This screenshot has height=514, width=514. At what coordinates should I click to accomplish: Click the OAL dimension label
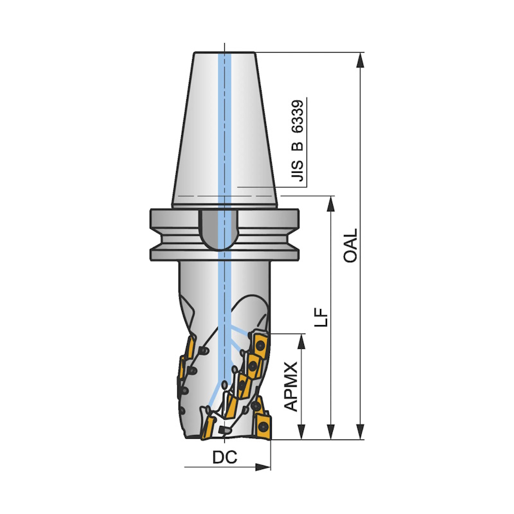click(x=350, y=245)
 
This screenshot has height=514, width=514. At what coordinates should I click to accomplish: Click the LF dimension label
click(x=321, y=317)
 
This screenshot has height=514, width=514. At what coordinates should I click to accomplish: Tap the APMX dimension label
click(x=291, y=387)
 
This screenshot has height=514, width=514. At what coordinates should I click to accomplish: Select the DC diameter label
click(x=224, y=457)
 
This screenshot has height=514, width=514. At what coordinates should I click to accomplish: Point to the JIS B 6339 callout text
click(x=297, y=141)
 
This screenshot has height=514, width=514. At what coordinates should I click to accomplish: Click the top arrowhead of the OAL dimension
click(x=360, y=60)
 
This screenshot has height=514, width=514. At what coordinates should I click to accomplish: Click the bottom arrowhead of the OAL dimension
click(x=360, y=432)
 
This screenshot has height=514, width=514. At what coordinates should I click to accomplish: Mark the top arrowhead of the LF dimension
click(x=331, y=204)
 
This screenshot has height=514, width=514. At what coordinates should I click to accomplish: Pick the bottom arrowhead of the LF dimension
click(x=331, y=432)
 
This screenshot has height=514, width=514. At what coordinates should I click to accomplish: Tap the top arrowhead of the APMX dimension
click(x=301, y=342)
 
